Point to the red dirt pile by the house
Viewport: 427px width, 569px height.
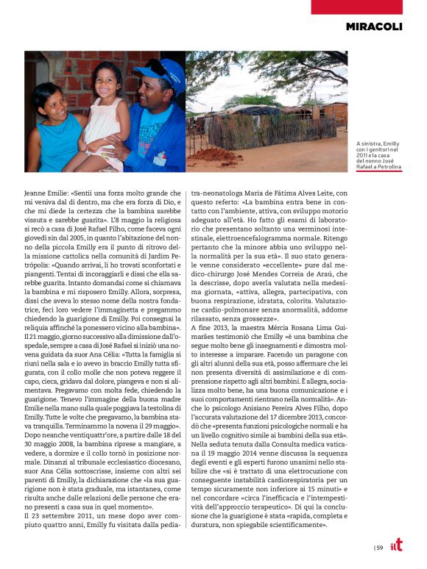(x=208, y=156)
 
